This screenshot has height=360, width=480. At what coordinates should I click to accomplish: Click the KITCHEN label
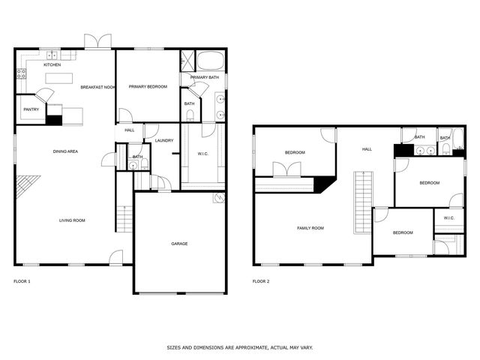[x=52, y=65]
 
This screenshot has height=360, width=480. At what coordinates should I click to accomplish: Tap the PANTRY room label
[x=31, y=109]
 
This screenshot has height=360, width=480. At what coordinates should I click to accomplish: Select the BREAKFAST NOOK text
[x=97, y=87]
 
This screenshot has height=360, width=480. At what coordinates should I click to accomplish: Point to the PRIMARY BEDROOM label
[x=148, y=87]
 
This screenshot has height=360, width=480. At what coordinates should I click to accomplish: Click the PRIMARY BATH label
[x=204, y=77]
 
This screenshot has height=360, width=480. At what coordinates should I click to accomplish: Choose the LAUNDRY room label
[x=164, y=140]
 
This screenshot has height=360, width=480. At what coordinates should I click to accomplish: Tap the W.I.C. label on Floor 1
[x=202, y=154]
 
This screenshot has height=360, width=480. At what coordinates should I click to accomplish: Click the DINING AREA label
[x=65, y=151]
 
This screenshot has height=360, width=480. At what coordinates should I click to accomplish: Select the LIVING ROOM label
[x=73, y=220]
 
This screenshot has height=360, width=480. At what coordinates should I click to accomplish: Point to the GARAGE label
[x=179, y=243]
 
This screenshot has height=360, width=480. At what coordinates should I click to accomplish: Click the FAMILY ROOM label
[x=310, y=228]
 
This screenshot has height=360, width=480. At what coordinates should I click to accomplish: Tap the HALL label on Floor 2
[x=367, y=149]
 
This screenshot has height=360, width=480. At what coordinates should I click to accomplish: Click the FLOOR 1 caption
[x=22, y=281]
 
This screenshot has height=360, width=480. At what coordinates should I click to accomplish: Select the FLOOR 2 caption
[x=260, y=281]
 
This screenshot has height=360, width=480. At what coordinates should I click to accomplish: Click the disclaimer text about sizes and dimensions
[x=239, y=347]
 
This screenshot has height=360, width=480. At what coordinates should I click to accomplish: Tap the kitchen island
[x=59, y=78]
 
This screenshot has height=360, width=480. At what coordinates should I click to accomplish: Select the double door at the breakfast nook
[x=98, y=41]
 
